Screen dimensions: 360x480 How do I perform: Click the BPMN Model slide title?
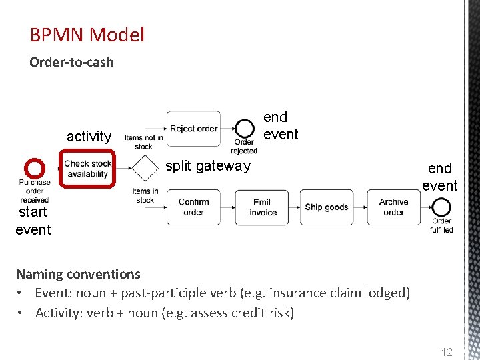tap(87, 35)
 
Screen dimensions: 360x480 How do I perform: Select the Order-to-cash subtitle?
tap(71, 63)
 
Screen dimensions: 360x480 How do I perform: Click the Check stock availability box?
tap(87, 169)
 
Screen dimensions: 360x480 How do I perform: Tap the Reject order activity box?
tap(193, 128)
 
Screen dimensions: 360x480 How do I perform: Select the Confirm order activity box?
tap(193, 207)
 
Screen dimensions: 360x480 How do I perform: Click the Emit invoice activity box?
tap(262, 207)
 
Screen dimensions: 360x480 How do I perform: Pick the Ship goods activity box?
tap(326, 207)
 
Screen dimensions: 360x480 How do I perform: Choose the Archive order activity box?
tap(393, 207)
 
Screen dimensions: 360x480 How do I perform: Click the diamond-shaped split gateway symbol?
tap(143, 168)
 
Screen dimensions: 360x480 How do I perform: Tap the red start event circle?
tap(34, 169)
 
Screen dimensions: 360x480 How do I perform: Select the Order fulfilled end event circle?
tap(441, 208)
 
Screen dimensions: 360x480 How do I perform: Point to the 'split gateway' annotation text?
tap(207, 166)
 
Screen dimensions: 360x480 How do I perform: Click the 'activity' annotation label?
tap(89, 137)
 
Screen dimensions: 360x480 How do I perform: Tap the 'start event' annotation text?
tap(33, 221)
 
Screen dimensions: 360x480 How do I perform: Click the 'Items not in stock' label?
tap(143, 142)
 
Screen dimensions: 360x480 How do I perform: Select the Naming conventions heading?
tap(78, 274)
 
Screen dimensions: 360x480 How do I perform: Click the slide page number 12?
tap(447, 351)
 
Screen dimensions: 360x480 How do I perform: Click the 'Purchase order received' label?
tap(34, 191)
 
